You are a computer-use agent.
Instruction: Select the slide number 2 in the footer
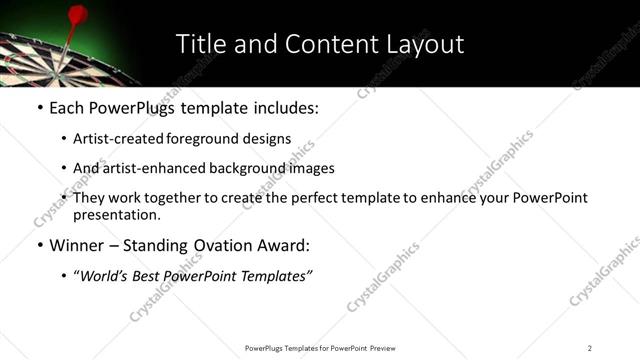[x=590, y=348]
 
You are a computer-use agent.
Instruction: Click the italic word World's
[x=106, y=277]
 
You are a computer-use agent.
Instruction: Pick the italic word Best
[x=153, y=277]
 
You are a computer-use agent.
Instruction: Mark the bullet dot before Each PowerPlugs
[x=39, y=108]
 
